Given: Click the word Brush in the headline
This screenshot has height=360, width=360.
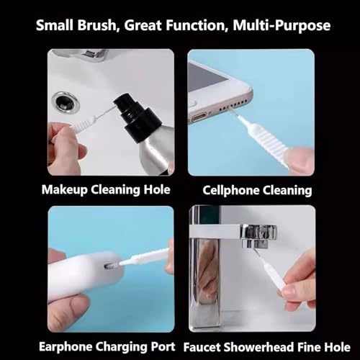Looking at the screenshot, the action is click(x=96, y=25).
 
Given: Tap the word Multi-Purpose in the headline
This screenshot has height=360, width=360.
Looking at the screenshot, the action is click(x=282, y=26).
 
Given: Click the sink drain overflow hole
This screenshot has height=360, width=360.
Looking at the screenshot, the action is click(x=66, y=102).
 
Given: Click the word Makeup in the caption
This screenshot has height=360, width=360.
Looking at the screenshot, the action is click(x=64, y=190).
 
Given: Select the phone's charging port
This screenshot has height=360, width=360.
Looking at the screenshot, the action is click(x=199, y=117).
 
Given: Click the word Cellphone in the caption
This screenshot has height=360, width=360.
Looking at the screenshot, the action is click(x=231, y=191).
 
